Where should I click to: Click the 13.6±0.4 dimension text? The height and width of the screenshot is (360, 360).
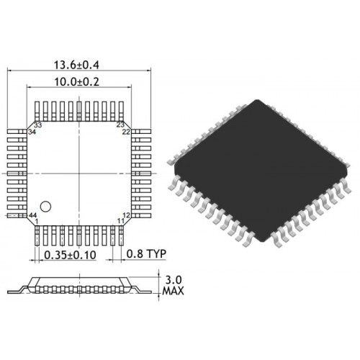76,65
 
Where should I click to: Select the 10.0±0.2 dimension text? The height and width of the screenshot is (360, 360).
76,82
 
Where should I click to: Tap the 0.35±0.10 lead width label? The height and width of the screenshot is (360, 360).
70,255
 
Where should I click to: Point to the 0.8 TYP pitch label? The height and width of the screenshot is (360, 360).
146,253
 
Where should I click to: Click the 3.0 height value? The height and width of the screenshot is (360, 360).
174,280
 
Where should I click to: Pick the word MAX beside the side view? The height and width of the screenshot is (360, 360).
174,291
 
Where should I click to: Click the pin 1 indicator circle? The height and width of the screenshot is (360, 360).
45,207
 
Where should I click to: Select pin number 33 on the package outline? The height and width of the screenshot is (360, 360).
38,125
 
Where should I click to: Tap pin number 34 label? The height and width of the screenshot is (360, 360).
32,132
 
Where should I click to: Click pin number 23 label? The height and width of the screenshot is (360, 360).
120,125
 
